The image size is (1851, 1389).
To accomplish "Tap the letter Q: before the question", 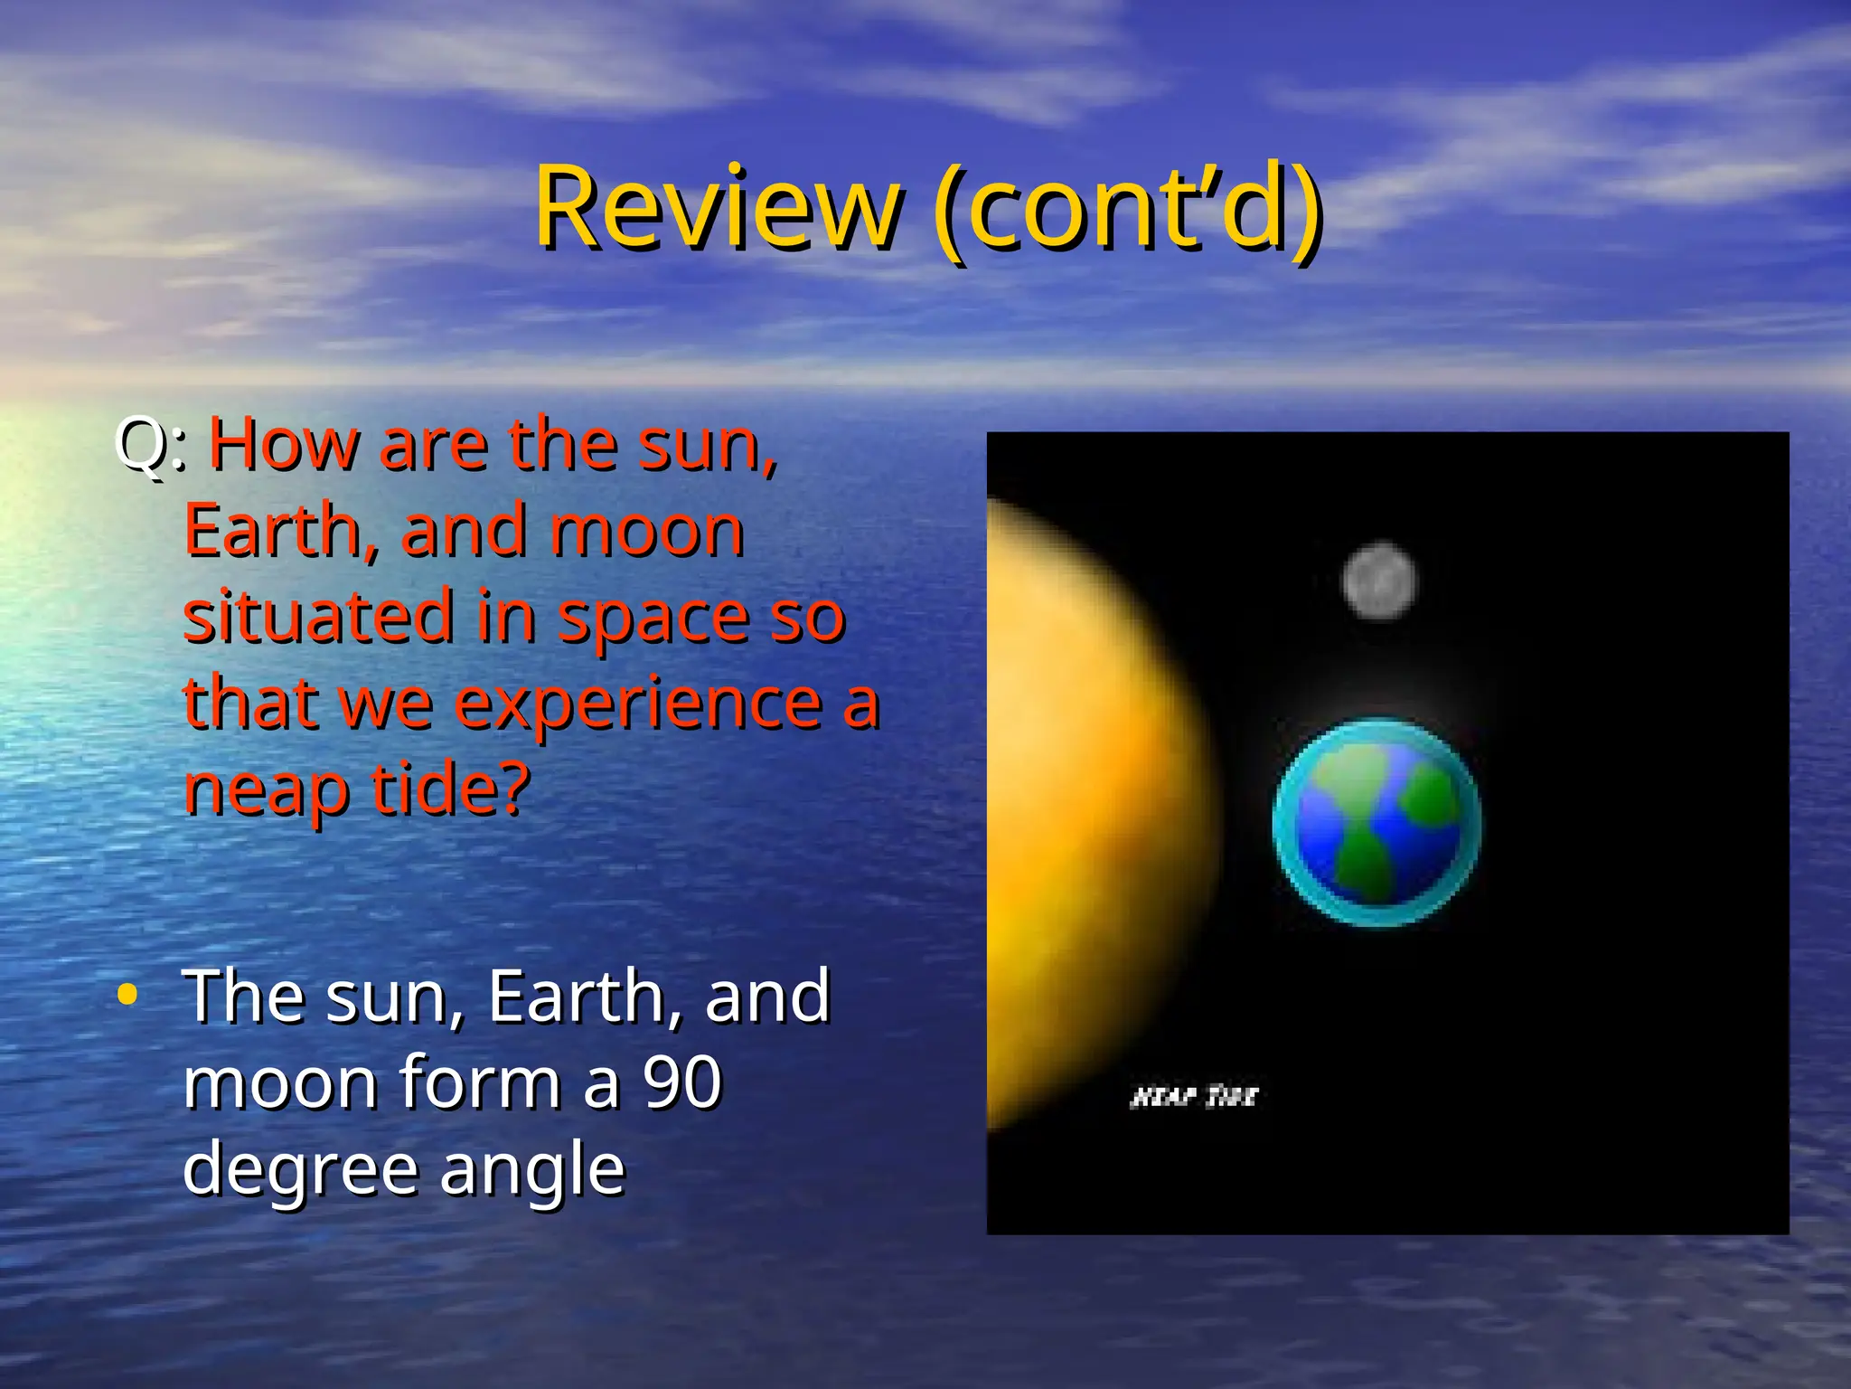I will [x=150, y=445].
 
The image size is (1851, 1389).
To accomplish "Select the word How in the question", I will [x=284, y=445].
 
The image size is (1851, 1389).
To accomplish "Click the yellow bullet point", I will [x=127, y=995].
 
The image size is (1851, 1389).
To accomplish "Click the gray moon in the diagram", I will [x=1379, y=581].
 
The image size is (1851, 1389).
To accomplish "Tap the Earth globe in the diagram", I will [x=1377, y=822].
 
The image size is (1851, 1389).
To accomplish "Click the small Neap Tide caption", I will [x=1193, y=1097].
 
